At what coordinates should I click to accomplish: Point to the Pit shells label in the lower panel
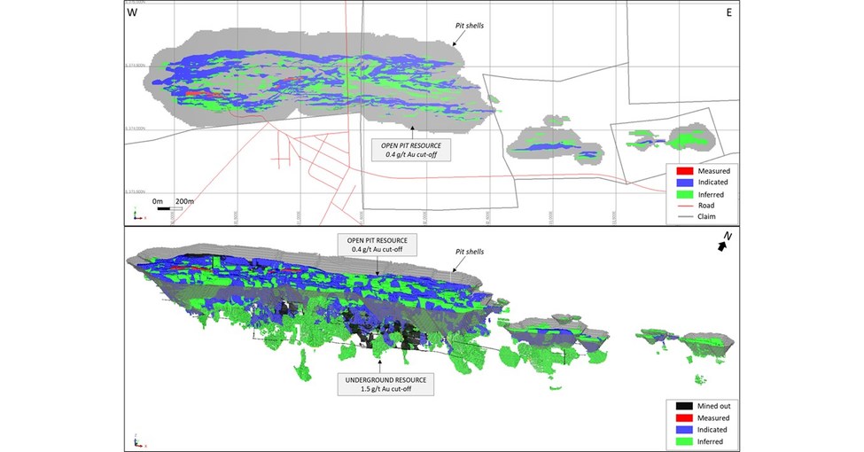tap(471, 253)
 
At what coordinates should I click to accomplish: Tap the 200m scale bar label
tap(184, 202)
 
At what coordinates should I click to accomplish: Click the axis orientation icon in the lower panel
tap(136, 440)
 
